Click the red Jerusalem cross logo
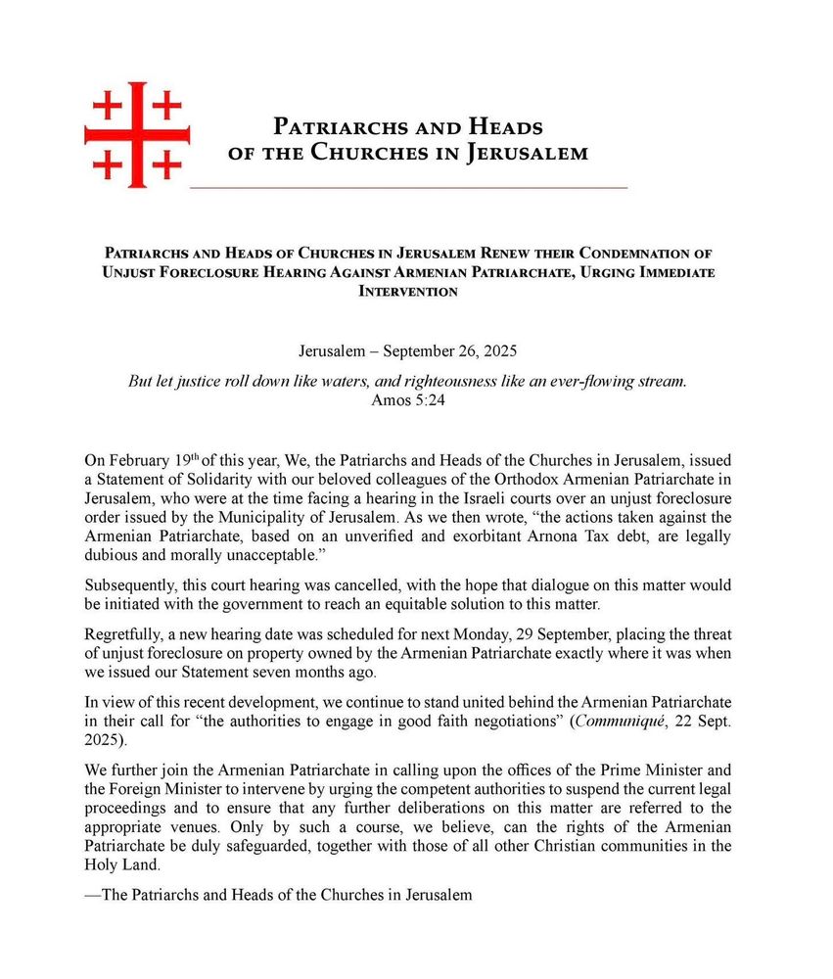137,135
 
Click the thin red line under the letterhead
408,186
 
